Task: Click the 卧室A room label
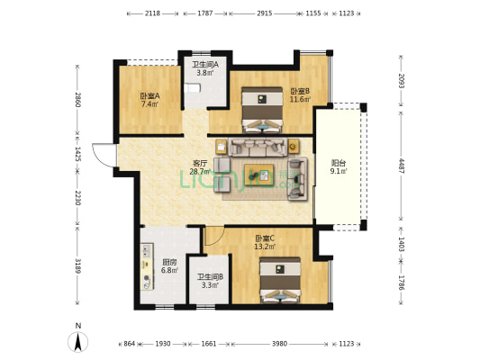(150, 95)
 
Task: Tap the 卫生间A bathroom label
(205, 65)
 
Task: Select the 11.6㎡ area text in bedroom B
(300, 99)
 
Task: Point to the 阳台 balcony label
(339, 163)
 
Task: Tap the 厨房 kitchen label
(169, 262)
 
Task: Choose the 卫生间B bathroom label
(210, 277)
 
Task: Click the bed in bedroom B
(262, 111)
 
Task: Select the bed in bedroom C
(280, 281)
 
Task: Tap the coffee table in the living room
(259, 175)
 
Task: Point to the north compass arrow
(78, 342)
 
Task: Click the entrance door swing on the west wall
(104, 155)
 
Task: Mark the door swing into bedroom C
(214, 236)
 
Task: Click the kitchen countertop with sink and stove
(147, 266)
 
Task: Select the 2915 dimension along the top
(265, 13)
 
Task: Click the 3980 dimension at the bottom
(279, 344)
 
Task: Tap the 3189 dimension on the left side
(77, 265)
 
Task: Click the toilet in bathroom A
(192, 88)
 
